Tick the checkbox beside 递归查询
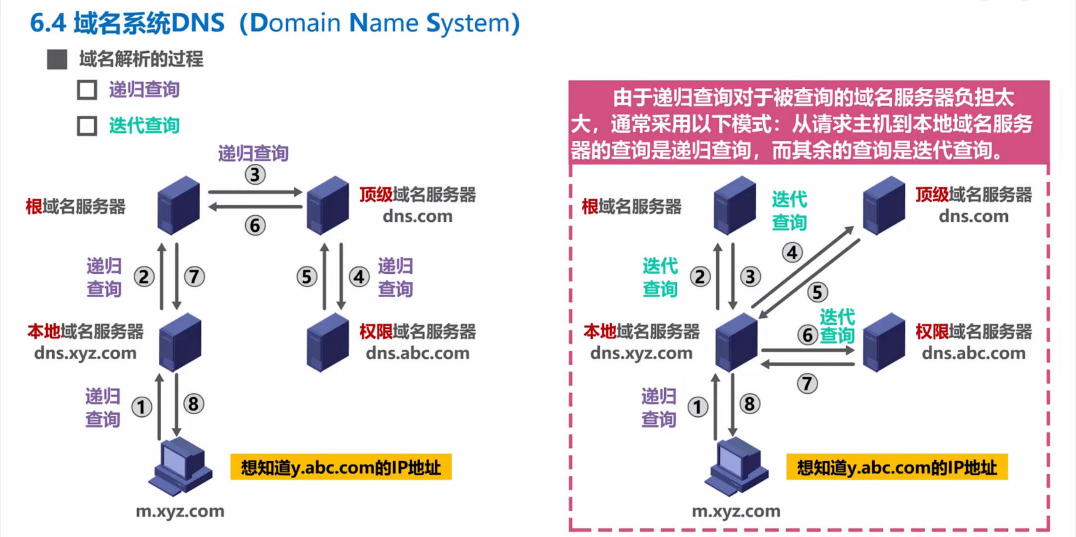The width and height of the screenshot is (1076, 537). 87,90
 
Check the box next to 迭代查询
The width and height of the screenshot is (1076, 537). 87,126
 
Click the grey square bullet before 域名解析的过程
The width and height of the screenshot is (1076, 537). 57,59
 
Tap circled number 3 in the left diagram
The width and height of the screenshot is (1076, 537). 255,175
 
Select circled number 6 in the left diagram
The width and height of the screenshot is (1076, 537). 255,225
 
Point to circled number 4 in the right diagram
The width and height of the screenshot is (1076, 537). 792,253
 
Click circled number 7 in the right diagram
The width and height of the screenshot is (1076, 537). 807,383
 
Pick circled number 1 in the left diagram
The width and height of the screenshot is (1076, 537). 142,407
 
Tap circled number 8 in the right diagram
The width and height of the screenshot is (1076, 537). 749,404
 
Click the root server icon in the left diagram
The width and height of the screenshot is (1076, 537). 178,205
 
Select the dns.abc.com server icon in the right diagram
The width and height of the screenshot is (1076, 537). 883,342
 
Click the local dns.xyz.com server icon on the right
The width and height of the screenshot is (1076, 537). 736,342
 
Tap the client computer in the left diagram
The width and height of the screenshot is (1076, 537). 180,466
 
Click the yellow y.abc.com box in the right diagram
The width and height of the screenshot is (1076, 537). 896,467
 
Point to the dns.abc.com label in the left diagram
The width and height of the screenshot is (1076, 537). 417,354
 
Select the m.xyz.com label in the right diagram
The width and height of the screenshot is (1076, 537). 736,511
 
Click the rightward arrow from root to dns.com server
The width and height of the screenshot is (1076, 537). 255,192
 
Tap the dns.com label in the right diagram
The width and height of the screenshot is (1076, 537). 973,216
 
